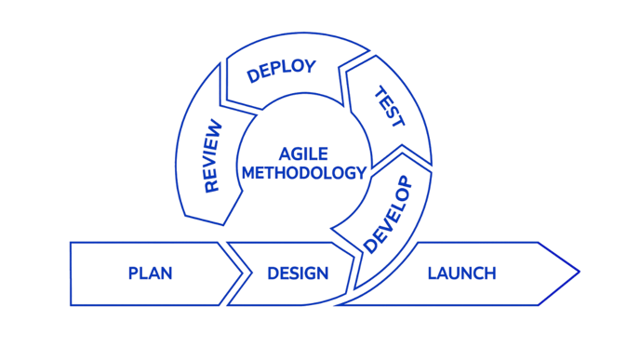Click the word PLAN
pos(150,273)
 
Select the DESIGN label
pos(298,273)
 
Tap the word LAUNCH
pos(461,273)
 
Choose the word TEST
pos(388,107)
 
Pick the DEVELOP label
pos(387,214)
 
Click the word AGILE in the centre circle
pos(301,153)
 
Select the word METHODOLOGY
pos(301,172)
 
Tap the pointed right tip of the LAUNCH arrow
pos(579,273)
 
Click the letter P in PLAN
pos(132,273)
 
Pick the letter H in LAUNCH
pos(489,273)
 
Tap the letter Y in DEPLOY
pos(310,65)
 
